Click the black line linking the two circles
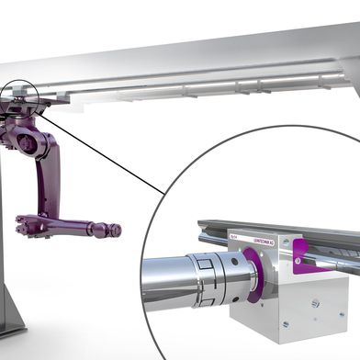101,152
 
